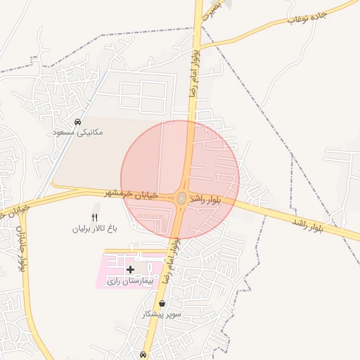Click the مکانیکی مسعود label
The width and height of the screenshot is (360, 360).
(77, 131)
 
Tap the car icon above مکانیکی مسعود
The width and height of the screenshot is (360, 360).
(77, 122)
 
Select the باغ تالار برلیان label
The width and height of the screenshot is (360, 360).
(96, 229)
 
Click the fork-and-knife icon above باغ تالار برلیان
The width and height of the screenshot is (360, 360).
(96, 217)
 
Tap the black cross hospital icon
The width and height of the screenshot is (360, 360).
(131, 269)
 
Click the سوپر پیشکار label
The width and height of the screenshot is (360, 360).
(162, 314)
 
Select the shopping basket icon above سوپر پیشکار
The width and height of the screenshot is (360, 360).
(162, 304)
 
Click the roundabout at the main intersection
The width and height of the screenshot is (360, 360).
(181, 199)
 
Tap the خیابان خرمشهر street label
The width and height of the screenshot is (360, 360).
(137, 193)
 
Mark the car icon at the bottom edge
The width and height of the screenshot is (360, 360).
(143, 355)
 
